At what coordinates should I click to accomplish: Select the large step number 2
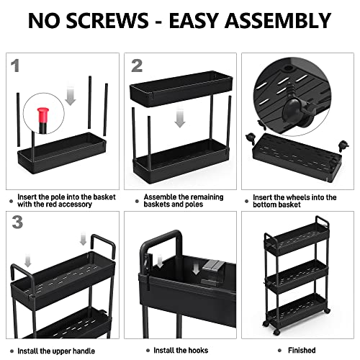[x=137, y=66]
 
